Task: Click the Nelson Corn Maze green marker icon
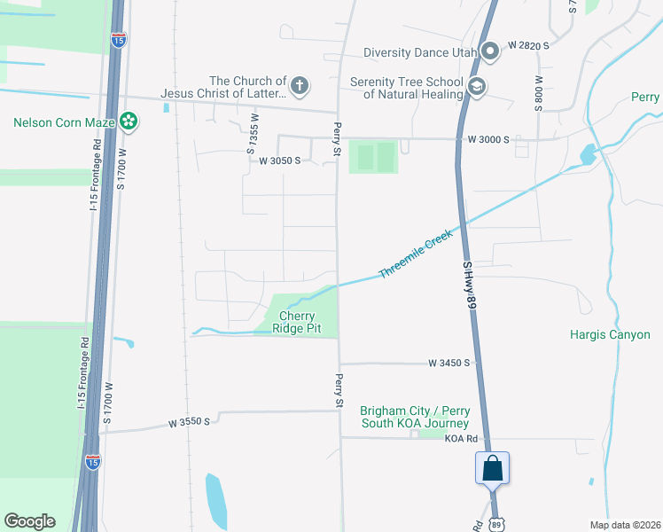pyautogui.click(x=129, y=121)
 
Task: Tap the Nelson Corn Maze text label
pyautogui.click(x=66, y=121)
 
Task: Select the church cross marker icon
pyautogui.click(x=300, y=86)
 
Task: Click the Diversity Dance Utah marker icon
pyautogui.click(x=488, y=51)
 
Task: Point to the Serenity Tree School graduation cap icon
pyautogui.click(x=478, y=88)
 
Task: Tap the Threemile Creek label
pyautogui.click(x=416, y=254)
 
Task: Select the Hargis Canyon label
pyautogui.click(x=610, y=335)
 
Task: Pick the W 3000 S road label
pyautogui.click(x=489, y=140)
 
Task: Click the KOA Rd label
pyautogui.click(x=462, y=439)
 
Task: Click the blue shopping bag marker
pyautogui.click(x=492, y=466)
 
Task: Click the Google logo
pyautogui.click(x=29, y=521)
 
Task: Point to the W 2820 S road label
pyautogui.click(x=530, y=44)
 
